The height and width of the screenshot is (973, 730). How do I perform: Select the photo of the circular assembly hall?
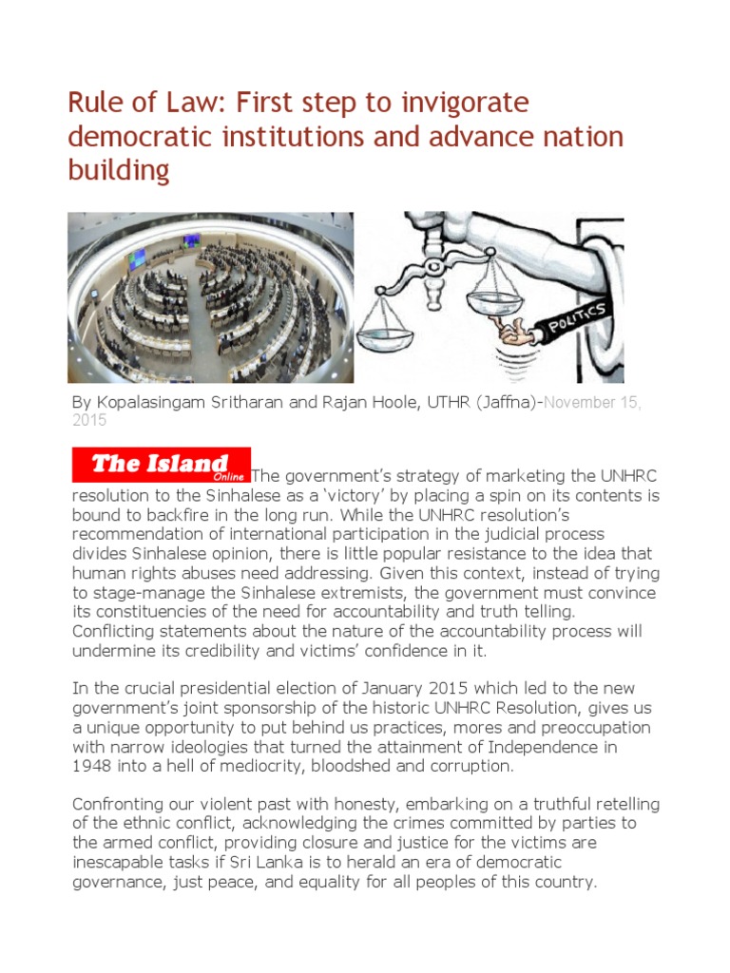point(210,296)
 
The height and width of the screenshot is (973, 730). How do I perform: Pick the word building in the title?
point(119,170)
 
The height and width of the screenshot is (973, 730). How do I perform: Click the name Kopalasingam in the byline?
point(160,402)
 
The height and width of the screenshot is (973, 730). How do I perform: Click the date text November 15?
point(584,402)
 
